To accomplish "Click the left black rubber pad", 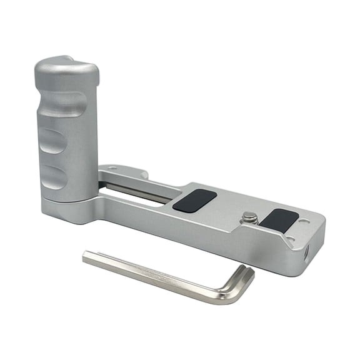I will click(194, 200).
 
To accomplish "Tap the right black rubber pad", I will click(279, 219).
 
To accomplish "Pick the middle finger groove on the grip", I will click(52, 141).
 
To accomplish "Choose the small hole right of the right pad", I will click(304, 221).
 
